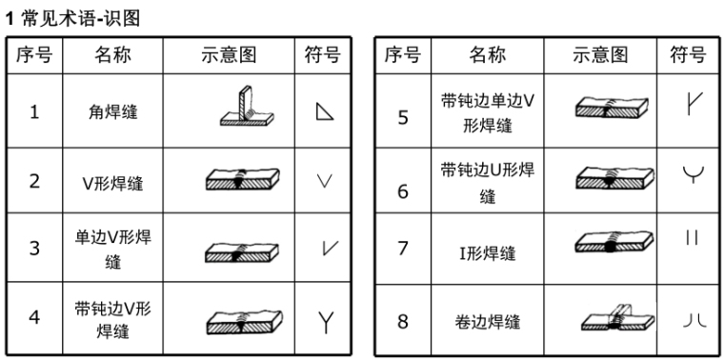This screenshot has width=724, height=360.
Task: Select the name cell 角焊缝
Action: tap(113, 111)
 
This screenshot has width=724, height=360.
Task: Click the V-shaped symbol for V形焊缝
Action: tap(325, 181)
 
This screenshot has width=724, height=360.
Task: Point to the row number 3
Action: tap(34, 248)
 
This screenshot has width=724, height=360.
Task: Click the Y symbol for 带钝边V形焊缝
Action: tap(326, 322)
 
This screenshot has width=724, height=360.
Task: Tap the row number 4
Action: tap(34, 317)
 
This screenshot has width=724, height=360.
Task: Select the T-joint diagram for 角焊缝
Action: tap(247, 106)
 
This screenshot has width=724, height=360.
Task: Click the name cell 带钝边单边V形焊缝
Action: tap(488, 113)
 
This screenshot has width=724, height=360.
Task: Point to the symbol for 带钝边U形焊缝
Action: tap(694, 173)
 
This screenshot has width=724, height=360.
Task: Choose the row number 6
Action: tap(403, 191)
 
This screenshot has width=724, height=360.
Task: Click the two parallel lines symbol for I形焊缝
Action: tap(692, 238)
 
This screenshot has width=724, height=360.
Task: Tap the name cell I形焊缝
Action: tap(488, 253)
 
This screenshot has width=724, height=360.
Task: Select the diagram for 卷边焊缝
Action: tap(618, 316)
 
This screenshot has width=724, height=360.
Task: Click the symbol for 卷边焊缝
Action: tap(694, 320)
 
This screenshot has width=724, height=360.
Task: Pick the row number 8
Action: tap(403, 321)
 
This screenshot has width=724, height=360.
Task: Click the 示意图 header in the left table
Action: tap(229, 55)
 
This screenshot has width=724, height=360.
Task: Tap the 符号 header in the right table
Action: tap(688, 55)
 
